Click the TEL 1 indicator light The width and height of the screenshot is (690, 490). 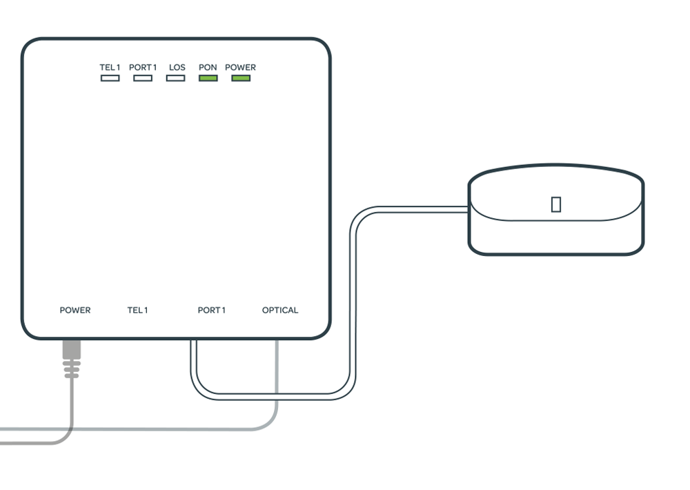[110, 78]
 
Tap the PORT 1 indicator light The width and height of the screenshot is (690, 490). [143, 78]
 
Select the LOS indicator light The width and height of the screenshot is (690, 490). [176, 78]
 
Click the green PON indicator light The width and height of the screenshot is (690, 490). [208, 78]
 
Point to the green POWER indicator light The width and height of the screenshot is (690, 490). [241, 78]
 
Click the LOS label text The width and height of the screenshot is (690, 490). [177, 68]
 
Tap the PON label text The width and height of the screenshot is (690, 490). [208, 68]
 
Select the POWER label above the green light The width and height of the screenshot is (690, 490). [240, 68]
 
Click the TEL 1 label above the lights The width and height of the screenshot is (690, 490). [110, 68]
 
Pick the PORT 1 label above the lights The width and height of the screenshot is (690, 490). [143, 68]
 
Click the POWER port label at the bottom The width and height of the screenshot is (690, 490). [75, 311]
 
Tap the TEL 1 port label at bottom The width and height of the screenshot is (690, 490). [137, 311]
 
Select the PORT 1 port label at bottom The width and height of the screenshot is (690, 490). [211, 311]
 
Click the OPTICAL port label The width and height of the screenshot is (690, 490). [280, 311]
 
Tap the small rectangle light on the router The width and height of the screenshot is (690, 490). [556, 204]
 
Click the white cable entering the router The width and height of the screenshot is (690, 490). [442, 208]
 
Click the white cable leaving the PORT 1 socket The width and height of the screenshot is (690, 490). [195, 366]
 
